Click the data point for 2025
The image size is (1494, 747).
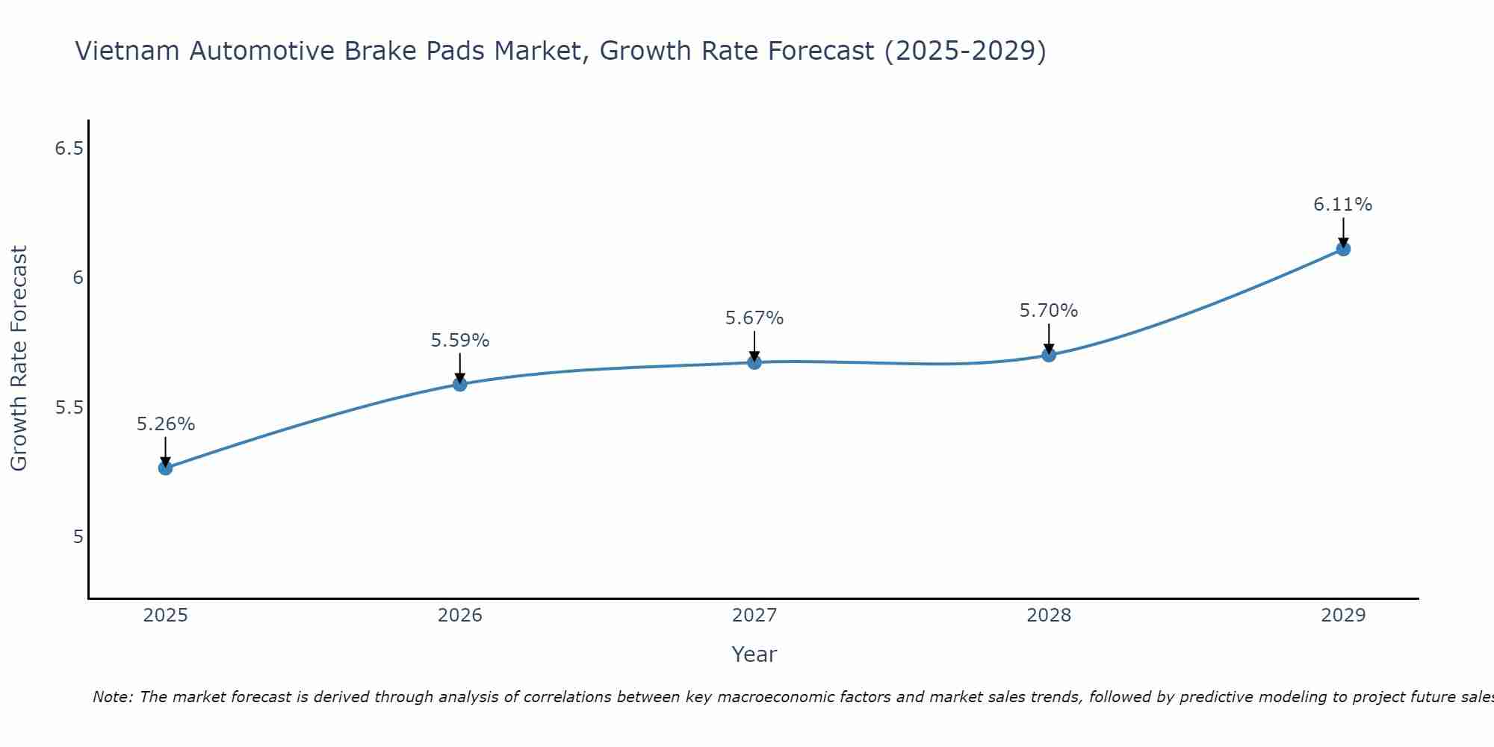pyautogui.click(x=165, y=468)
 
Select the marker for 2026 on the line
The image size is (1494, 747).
pyautogui.click(x=460, y=384)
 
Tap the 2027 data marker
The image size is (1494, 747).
pyautogui.click(x=754, y=362)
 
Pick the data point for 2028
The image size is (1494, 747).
pyautogui.click(x=1049, y=355)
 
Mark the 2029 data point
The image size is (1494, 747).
pyautogui.click(x=1343, y=249)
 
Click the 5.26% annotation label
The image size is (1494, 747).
pyautogui.click(x=165, y=424)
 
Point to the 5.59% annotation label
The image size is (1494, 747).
pyautogui.click(x=460, y=341)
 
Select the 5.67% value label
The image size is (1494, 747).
pyautogui.click(x=754, y=318)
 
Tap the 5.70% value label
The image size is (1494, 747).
pyautogui.click(x=1049, y=311)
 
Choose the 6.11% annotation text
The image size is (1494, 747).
pyautogui.click(x=1343, y=205)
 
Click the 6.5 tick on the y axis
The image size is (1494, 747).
pyautogui.click(x=69, y=149)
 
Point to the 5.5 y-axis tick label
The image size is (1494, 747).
pyautogui.click(x=69, y=408)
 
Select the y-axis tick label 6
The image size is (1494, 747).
pyautogui.click(x=77, y=278)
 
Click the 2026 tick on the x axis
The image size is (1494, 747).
pyautogui.click(x=460, y=616)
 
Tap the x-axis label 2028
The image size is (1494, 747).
pyautogui.click(x=1049, y=616)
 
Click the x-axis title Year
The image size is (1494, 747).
pyautogui.click(x=754, y=654)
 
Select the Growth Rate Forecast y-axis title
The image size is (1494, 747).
pyautogui.click(x=19, y=359)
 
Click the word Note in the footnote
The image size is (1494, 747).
pyautogui.click(x=112, y=697)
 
